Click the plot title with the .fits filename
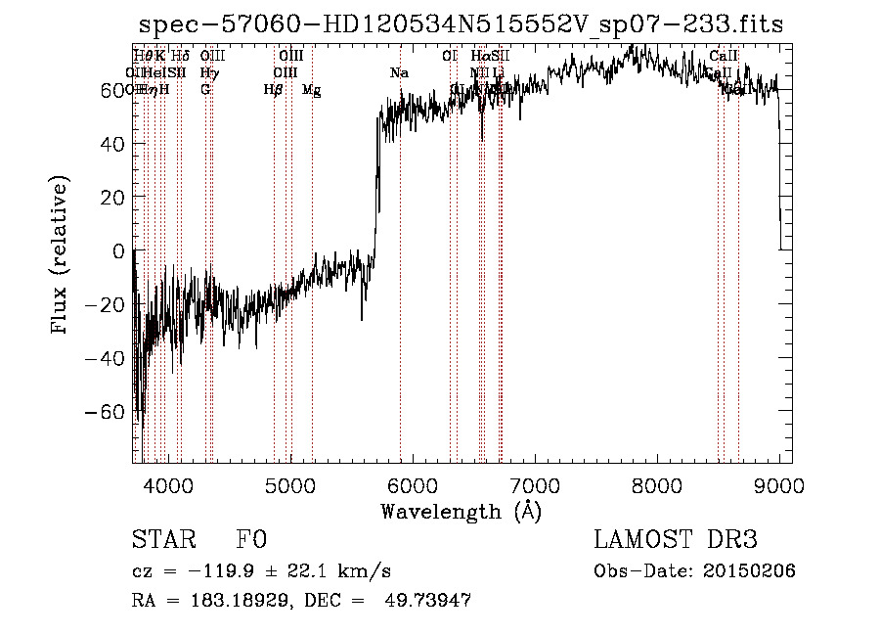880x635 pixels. (461, 23)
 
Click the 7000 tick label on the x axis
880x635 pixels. (535, 484)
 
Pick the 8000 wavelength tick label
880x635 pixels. (657, 484)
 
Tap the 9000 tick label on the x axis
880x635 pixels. (779, 484)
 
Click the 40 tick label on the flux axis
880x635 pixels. (111, 144)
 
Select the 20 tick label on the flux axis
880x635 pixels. (111, 198)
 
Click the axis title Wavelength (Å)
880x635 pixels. (461, 511)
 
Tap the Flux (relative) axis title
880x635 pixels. (61, 256)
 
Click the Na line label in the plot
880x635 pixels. (399, 73)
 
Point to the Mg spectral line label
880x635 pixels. (312, 90)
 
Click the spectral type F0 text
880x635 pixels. (251, 540)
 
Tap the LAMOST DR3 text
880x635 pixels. (676, 540)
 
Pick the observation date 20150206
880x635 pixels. (748, 571)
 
